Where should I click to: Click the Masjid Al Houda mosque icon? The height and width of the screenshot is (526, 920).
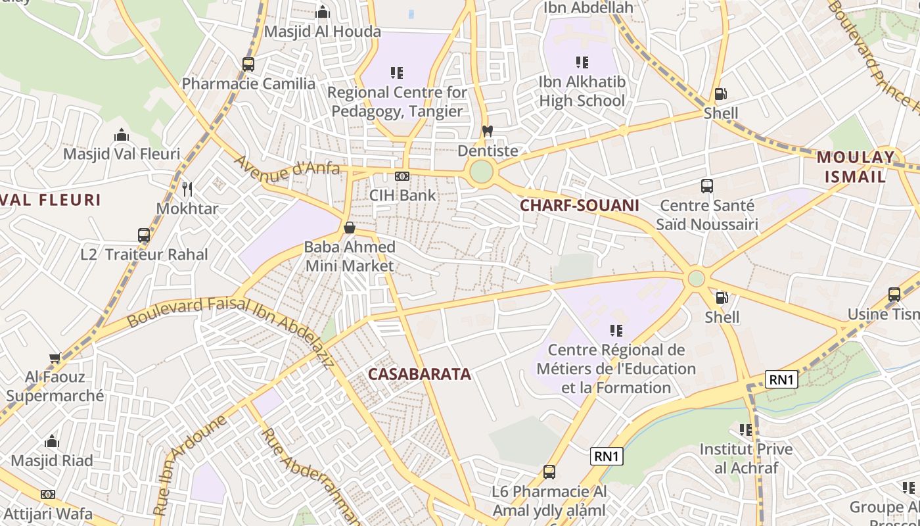tap(323, 12)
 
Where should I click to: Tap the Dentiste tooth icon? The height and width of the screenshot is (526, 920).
tap(487, 131)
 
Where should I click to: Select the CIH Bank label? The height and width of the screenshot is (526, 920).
tap(402, 195)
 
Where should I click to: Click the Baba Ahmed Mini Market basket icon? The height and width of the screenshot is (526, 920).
tap(350, 228)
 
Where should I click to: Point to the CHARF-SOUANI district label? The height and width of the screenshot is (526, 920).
tap(579, 205)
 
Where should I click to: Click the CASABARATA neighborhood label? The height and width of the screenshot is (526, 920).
tap(419, 374)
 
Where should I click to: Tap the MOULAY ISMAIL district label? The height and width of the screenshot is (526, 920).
tap(855, 167)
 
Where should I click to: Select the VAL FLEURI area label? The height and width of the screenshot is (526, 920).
tap(51, 200)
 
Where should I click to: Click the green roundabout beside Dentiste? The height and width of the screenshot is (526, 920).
tap(481, 172)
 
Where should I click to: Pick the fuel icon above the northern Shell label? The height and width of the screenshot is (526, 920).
tap(721, 94)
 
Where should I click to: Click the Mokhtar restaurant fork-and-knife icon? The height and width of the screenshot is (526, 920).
tap(187, 189)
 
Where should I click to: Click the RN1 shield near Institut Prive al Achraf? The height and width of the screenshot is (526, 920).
tap(781, 379)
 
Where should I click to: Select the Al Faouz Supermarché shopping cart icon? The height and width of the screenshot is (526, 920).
tap(55, 358)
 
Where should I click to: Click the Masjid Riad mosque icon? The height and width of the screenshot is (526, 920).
tap(52, 441)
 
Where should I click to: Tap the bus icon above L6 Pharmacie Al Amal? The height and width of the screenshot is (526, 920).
tap(549, 472)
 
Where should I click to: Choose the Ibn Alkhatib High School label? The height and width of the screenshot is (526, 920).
tap(582, 91)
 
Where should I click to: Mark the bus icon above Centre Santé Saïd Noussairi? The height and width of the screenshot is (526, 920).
tap(707, 186)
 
